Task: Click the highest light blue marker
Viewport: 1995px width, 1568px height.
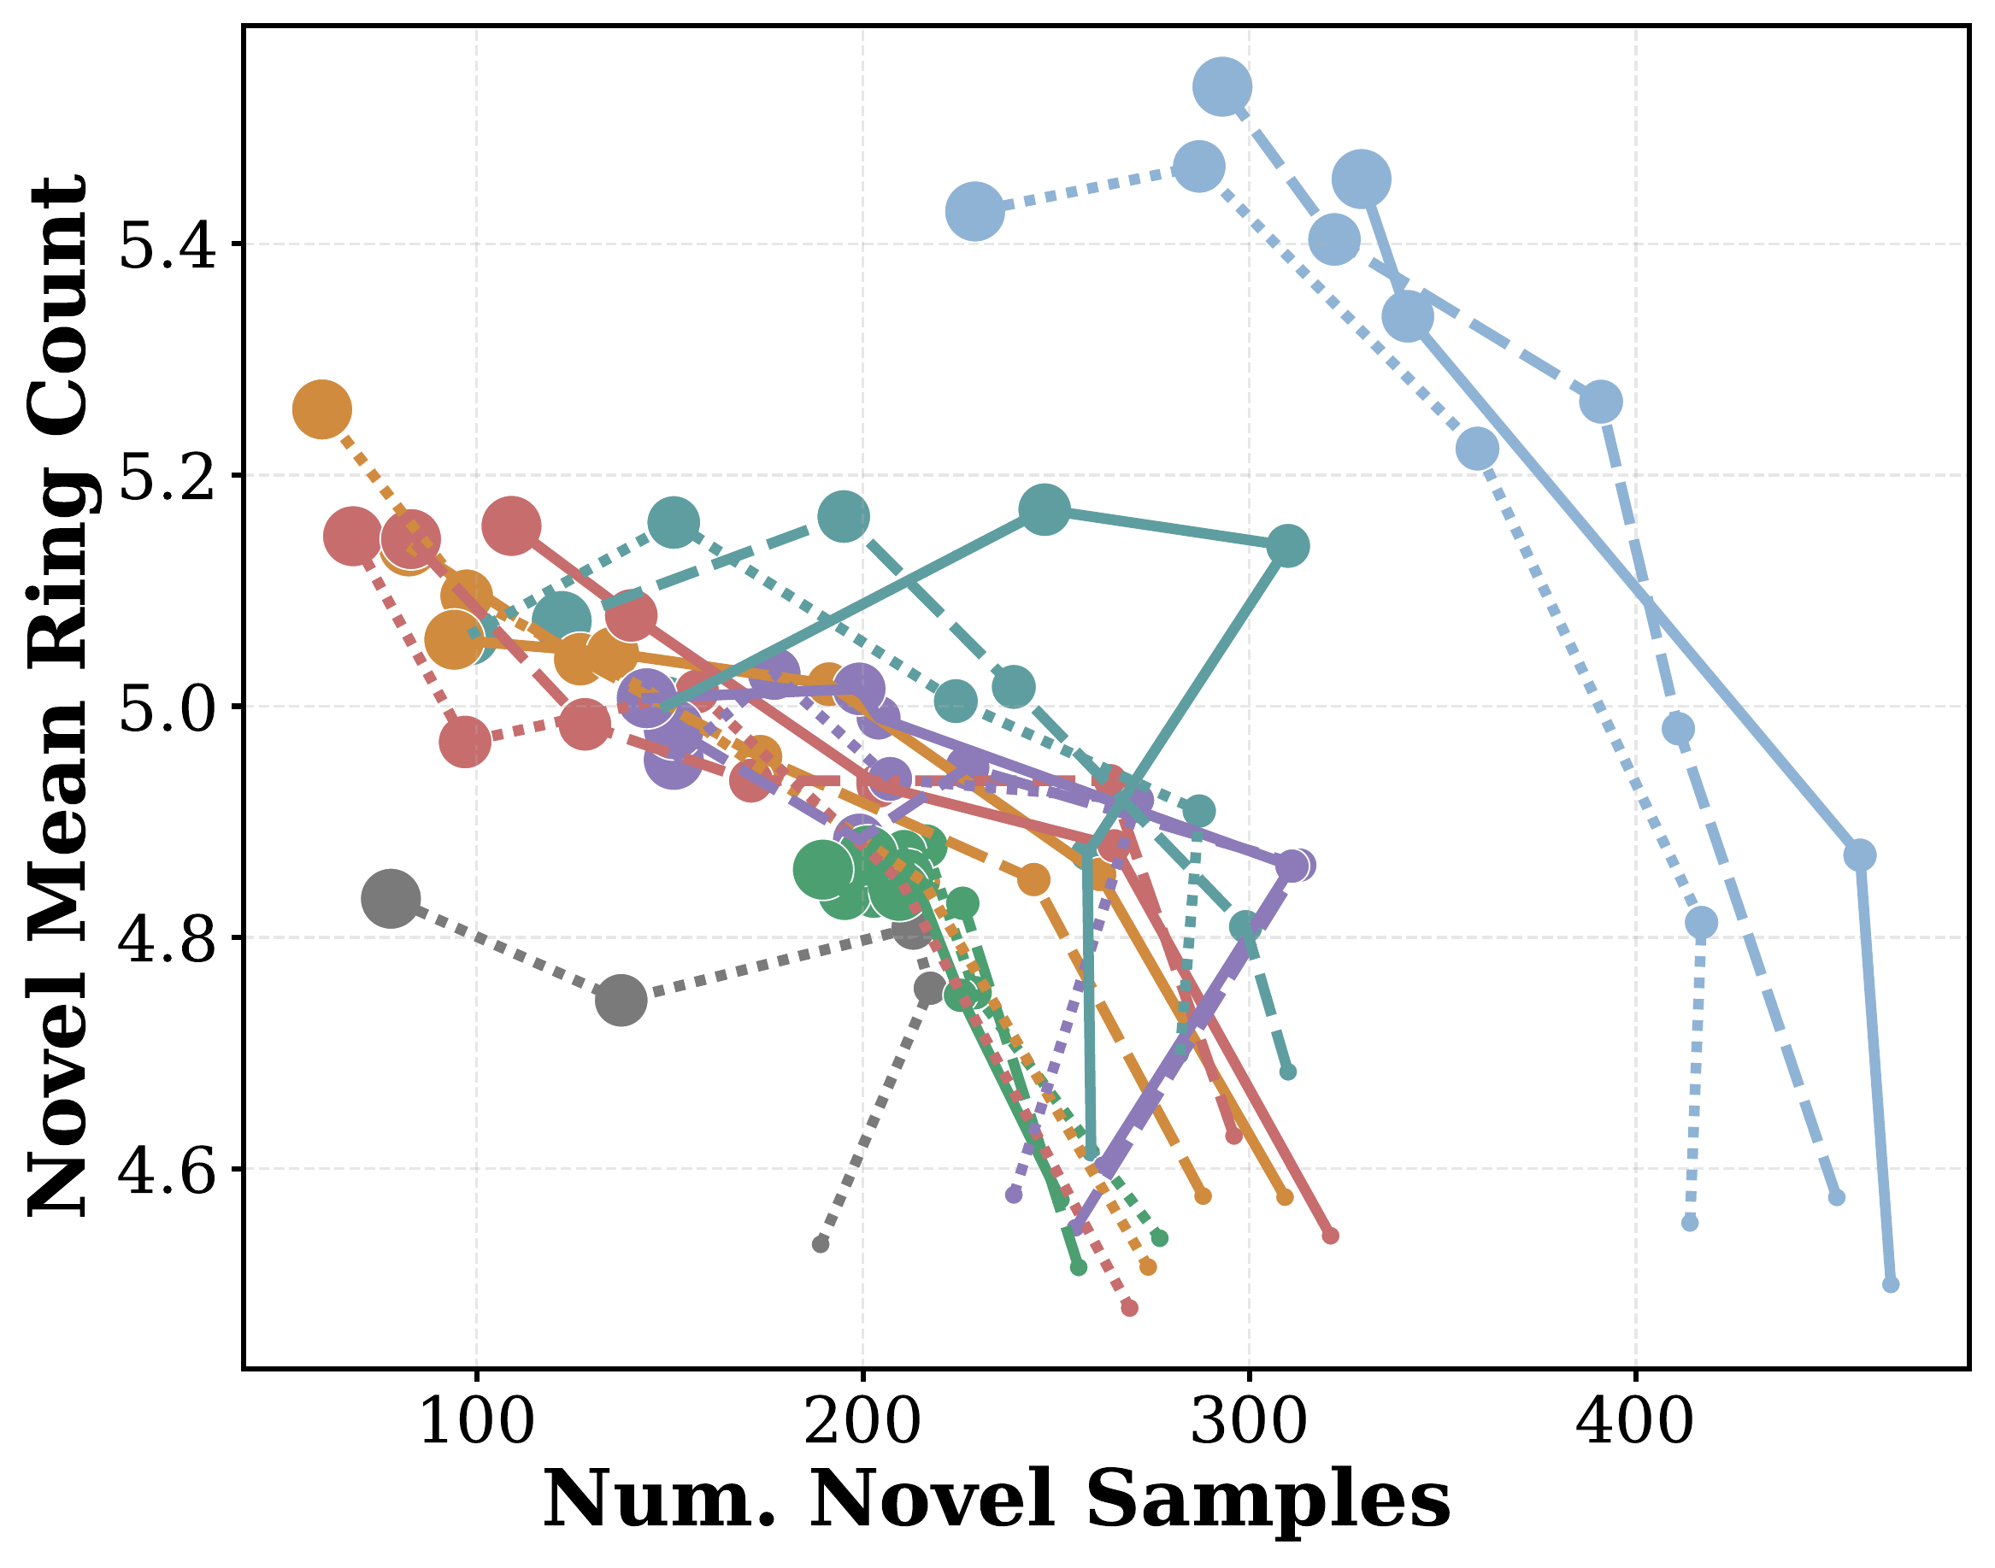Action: point(1222,86)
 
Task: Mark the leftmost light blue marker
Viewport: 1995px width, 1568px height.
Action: point(974,210)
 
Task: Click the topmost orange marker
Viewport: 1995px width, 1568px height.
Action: point(321,409)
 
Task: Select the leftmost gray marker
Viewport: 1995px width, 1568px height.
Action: point(391,898)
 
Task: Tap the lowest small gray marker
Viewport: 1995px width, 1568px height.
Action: point(821,1244)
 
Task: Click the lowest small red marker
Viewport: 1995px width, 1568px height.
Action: point(1129,1307)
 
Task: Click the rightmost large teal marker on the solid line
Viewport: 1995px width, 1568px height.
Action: point(1287,546)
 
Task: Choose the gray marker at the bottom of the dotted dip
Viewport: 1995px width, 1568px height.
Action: point(621,999)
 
